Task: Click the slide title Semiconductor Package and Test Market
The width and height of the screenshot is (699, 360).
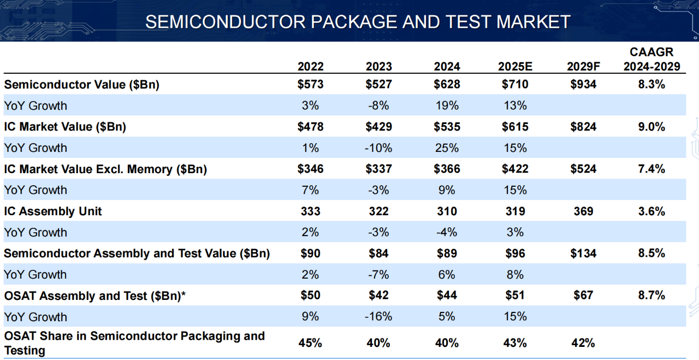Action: point(358,22)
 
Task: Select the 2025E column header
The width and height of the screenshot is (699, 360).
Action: point(515,67)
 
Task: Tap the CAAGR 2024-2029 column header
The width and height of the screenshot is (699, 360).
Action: point(651,60)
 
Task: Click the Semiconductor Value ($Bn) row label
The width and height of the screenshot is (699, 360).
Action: point(81,85)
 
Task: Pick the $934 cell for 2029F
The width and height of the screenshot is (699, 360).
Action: point(583,85)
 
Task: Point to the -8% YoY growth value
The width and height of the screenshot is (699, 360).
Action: point(378,105)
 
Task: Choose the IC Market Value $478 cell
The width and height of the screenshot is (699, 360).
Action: point(310,127)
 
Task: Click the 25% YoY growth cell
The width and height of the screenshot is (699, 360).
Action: point(447,148)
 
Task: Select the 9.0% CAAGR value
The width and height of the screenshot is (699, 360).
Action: point(651,127)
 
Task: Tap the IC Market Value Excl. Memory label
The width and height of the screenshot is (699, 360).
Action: point(105,169)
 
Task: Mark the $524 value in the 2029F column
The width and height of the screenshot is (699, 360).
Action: point(583,169)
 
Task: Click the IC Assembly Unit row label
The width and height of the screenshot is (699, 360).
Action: point(53,211)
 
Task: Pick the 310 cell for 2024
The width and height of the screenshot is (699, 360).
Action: point(447,211)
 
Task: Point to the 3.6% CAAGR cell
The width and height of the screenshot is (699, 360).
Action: point(651,211)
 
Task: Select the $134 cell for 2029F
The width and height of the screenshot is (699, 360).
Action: point(583,253)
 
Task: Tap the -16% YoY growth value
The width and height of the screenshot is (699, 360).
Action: point(378,317)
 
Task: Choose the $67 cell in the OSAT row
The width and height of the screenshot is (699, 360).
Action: point(583,296)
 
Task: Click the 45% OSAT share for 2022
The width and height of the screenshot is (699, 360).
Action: point(310,343)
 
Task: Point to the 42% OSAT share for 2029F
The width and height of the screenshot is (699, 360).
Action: point(583,343)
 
